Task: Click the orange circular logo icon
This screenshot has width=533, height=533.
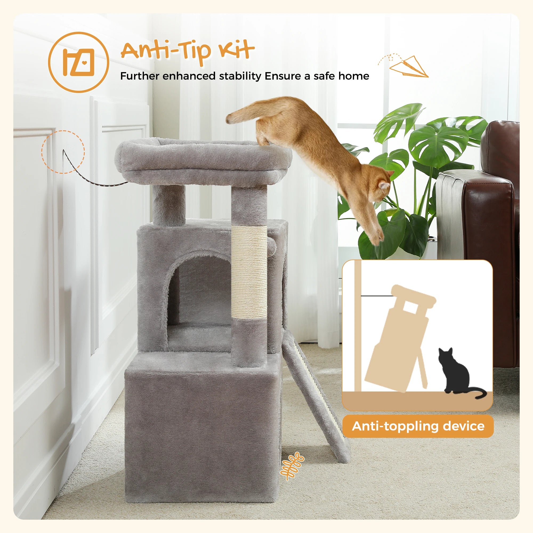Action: [78, 62]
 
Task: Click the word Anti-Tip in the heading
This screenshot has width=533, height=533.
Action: [165, 51]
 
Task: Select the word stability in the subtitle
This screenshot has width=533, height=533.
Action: [240, 76]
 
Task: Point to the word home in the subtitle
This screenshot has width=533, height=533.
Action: [353, 76]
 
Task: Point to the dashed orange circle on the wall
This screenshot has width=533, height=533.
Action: [63, 152]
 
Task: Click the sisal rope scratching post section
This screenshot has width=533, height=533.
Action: [249, 272]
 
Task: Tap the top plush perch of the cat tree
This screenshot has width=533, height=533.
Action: [203, 161]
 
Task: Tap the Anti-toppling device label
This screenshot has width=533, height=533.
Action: [418, 426]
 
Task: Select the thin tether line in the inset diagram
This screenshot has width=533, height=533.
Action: [377, 296]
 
